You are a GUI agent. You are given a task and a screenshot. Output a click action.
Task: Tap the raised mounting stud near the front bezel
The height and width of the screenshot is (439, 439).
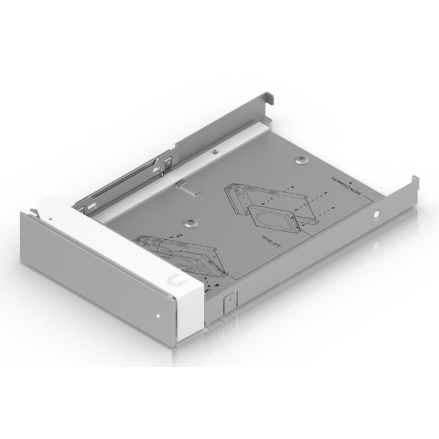tap(189, 223)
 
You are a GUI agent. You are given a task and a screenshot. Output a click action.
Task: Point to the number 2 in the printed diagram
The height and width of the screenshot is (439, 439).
tap(179, 234)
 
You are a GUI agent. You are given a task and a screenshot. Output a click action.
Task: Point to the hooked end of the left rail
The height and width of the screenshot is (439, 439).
tap(269, 97)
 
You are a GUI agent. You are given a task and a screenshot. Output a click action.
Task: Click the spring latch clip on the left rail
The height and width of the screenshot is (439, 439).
tap(165, 162)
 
